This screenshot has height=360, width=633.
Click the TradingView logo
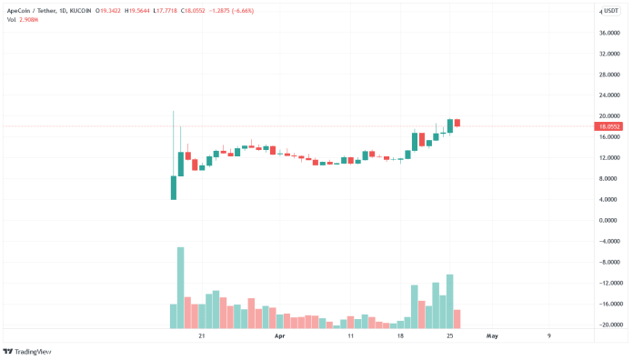(x=27, y=351)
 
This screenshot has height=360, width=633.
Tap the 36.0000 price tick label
(x=608, y=33)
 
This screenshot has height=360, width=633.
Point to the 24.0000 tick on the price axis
(x=608, y=95)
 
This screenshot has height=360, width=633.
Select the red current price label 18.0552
(x=608, y=126)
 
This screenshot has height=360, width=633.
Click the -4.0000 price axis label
(x=608, y=242)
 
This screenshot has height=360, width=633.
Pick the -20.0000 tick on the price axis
(x=608, y=325)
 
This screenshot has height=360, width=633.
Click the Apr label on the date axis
(x=279, y=335)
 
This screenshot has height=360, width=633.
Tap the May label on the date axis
(x=492, y=335)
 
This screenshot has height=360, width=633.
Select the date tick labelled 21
(x=201, y=335)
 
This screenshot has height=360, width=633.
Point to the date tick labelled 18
(x=400, y=335)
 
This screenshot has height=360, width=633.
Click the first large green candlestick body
(x=173, y=187)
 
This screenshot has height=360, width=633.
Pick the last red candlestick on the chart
(x=457, y=123)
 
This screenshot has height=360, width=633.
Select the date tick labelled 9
(x=549, y=335)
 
